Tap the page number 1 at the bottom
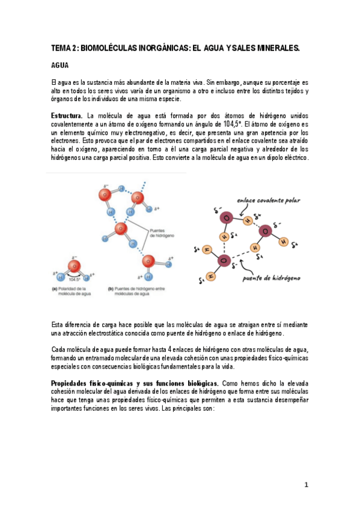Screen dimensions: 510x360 (x=306, y=485)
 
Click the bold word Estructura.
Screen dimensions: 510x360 (x=67, y=115)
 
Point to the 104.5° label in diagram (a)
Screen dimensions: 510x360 (x=75, y=280)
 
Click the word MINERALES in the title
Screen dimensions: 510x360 (x=277, y=47)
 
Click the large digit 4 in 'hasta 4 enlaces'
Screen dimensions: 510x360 (x=171, y=349)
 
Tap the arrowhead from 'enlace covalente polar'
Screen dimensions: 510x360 (x=240, y=216)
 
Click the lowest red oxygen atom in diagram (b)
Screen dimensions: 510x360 (x=149, y=261)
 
